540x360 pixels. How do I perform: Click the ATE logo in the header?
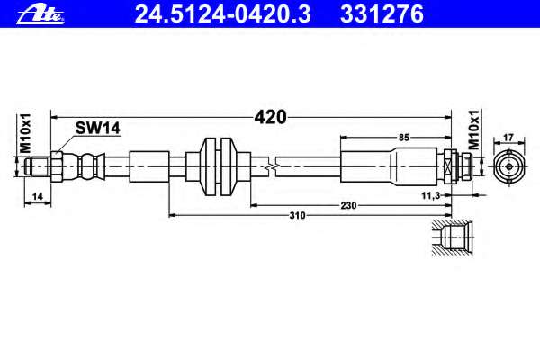[40, 14]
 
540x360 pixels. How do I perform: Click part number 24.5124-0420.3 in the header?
[223, 14]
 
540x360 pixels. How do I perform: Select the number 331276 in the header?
[382, 14]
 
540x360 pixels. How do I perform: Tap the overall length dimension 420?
[270, 117]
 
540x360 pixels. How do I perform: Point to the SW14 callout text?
[98, 128]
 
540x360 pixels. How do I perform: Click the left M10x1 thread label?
[25, 133]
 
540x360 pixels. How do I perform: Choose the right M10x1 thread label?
[474, 130]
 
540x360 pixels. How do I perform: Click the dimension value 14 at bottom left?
[37, 196]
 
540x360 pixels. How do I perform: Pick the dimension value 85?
[403, 138]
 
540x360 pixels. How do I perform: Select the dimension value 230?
[348, 206]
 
